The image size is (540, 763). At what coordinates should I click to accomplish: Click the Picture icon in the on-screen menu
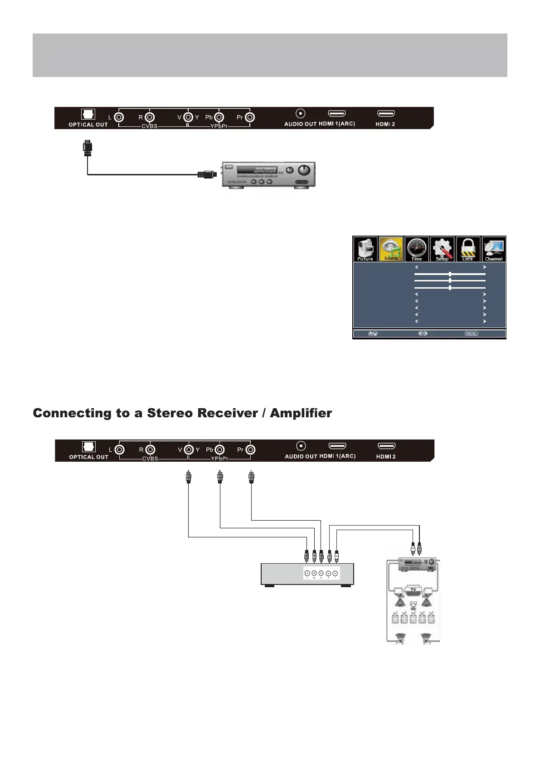pos(365,249)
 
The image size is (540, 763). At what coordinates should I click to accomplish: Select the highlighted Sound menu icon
pos(391,249)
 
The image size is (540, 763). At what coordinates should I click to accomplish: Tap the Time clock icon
pos(417,249)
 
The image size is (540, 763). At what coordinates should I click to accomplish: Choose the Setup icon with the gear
pos(442,249)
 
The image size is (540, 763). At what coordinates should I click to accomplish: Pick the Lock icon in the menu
pos(468,249)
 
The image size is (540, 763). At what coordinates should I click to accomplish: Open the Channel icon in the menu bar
pos(494,249)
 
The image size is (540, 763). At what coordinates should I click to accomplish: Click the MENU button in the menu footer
pos(471,333)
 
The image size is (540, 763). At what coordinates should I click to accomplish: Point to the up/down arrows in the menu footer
pos(373,333)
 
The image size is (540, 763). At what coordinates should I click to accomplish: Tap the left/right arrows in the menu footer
pos(423,333)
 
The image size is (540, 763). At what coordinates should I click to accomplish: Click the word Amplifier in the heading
pos(301,413)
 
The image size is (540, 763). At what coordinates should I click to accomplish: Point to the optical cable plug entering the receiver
pos(206,174)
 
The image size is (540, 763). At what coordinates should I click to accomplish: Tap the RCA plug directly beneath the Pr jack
pos(252,477)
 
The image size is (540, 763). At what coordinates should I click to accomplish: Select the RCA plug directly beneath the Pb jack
pos(220,477)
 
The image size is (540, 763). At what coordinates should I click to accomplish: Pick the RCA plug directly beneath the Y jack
pos(189,477)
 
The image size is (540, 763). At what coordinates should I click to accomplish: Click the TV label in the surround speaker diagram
pos(413,589)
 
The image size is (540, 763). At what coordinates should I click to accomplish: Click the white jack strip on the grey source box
pos(321,573)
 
